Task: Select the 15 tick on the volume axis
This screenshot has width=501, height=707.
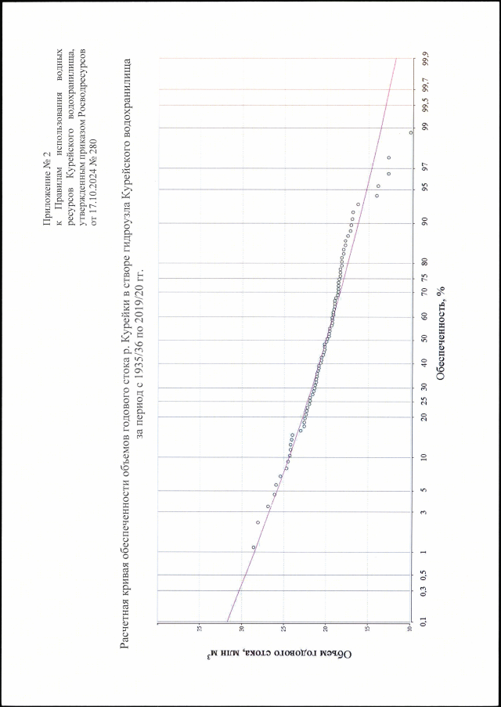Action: pos(367,628)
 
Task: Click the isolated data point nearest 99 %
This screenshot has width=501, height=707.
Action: pos(411,133)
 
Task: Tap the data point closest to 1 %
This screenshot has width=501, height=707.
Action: pos(254,547)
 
